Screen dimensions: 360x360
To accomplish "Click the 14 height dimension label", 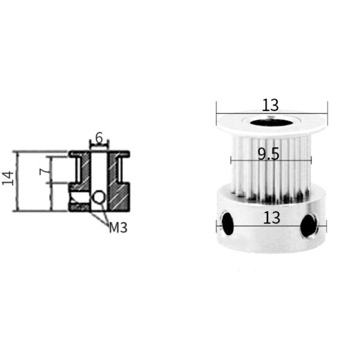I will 8,178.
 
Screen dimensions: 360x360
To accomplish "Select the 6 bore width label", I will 99,137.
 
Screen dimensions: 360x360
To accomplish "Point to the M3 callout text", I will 118,227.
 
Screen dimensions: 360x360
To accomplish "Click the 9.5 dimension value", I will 268,154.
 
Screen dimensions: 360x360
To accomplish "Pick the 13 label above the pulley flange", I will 271,105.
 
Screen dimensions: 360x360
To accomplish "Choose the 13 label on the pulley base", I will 271,218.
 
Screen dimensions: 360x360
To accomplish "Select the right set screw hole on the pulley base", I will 308,226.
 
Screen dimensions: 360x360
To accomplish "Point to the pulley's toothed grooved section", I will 270,174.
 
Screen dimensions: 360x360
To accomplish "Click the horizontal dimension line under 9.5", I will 271,161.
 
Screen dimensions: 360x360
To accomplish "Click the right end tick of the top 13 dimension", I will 327,109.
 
